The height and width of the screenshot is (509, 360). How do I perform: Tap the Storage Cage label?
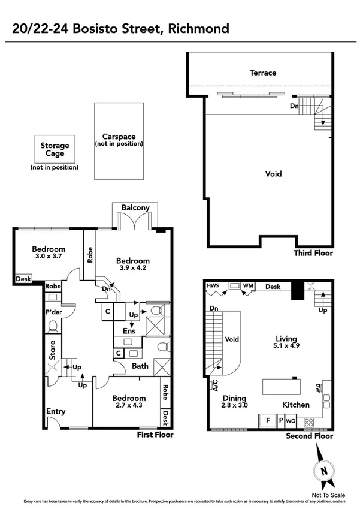[x=55, y=149]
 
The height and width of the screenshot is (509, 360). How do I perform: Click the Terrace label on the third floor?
[x=263, y=73]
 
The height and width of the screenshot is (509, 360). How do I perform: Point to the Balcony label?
[x=135, y=208]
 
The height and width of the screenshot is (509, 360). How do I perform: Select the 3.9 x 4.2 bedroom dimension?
[x=133, y=269]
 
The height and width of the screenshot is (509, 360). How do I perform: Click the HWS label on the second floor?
[x=213, y=287]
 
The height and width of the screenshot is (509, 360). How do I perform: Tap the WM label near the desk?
[x=248, y=287]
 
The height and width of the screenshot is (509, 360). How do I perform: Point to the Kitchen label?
[x=296, y=405]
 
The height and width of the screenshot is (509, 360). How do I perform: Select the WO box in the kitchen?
[x=290, y=421]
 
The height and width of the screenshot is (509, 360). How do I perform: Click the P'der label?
[x=54, y=312]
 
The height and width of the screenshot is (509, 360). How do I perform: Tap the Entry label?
[x=56, y=412]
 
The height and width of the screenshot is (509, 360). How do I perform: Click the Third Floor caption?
[x=313, y=254]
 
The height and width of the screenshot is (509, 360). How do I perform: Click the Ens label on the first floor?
[x=129, y=330]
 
